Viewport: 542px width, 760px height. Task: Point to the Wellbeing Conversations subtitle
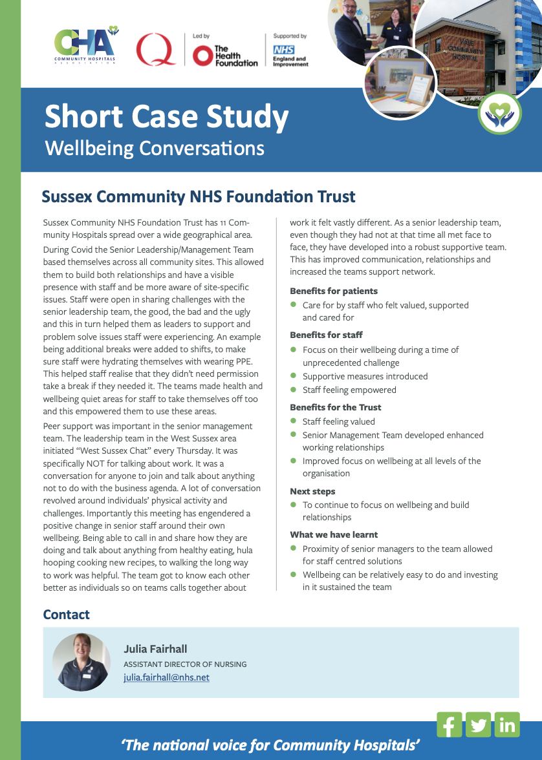pos(155,148)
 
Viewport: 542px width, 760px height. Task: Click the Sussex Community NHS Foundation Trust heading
pos(198,196)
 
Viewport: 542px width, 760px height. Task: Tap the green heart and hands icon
pos(499,112)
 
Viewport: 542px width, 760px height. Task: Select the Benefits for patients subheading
pos(334,291)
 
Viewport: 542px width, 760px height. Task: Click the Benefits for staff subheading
pos(326,335)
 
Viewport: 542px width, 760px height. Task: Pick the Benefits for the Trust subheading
pos(336,407)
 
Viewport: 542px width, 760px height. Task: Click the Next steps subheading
pos(312,491)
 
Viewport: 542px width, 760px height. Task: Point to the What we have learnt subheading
pos(334,534)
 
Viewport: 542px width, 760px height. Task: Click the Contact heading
pos(66,615)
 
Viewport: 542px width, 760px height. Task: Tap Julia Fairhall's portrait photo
pos(81,662)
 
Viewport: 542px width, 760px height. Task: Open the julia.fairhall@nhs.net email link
pos(166,677)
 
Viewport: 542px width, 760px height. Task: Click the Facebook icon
pos(450,724)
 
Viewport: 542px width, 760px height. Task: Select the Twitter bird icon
pos(479,724)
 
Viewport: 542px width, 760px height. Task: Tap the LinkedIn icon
pos(507,724)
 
